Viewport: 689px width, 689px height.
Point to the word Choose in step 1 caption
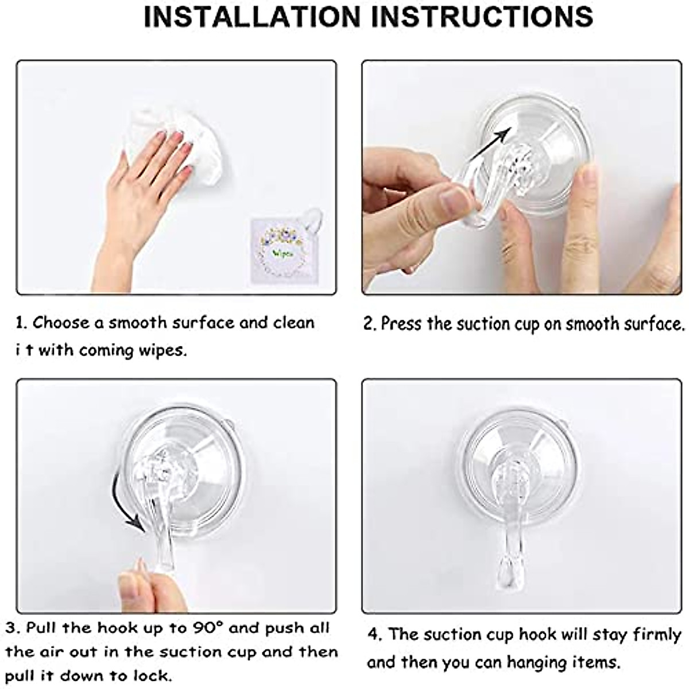click(x=60, y=323)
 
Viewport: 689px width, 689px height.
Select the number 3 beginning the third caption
click(x=10, y=628)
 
